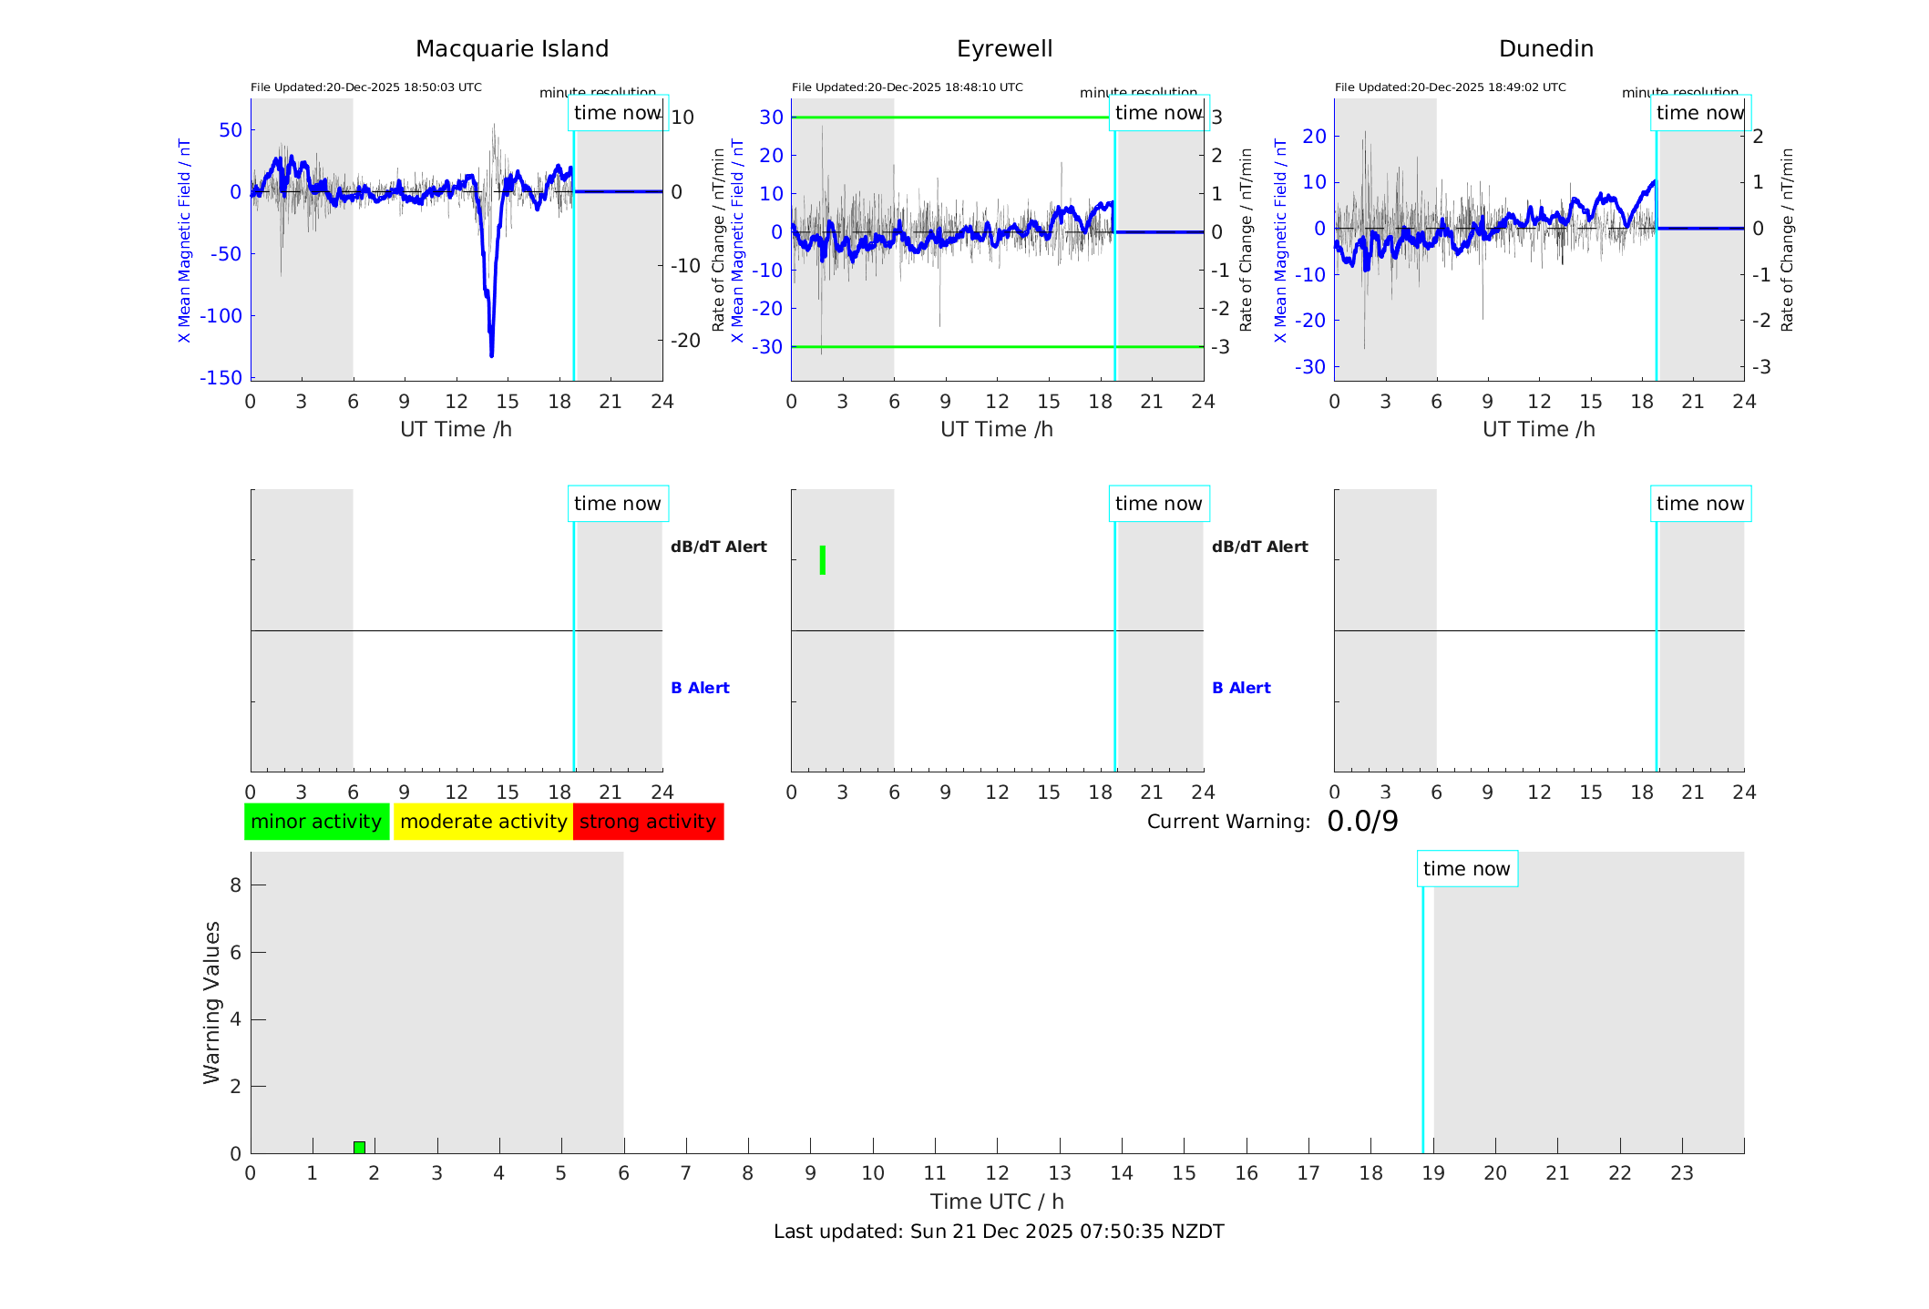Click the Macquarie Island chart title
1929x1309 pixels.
[x=511, y=49]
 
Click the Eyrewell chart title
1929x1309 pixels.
[x=1004, y=49]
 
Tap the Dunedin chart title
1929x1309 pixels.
[x=1545, y=49]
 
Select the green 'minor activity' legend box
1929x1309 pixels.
[x=316, y=822]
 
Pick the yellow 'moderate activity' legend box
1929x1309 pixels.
[x=483, y=822]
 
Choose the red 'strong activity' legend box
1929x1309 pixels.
[x=648, y=822]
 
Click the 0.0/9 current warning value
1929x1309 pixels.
[x=1362, y=822]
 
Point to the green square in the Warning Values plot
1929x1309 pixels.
[x=359, y=1147]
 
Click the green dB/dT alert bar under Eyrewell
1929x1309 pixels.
[x=823, y=560]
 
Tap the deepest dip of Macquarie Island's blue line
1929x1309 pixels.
[x=491, y=353]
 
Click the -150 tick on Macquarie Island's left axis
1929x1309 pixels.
[x=221, y=377]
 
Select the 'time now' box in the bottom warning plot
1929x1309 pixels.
[x=1466, y=869]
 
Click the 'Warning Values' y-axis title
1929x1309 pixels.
[x=211, y=1002]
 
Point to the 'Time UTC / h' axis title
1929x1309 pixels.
[x=997, y=1202]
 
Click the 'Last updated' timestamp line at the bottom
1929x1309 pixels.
[x=999, y=1232]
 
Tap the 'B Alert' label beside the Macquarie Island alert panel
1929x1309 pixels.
[x=700, y=688]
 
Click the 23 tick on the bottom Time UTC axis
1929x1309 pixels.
[x=1681, y=1173]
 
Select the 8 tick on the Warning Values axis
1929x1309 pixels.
[x=235, y=885]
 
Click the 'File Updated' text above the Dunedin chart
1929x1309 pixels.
[x=1450, y=87]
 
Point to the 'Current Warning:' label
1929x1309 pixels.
[x=1227, y=822]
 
